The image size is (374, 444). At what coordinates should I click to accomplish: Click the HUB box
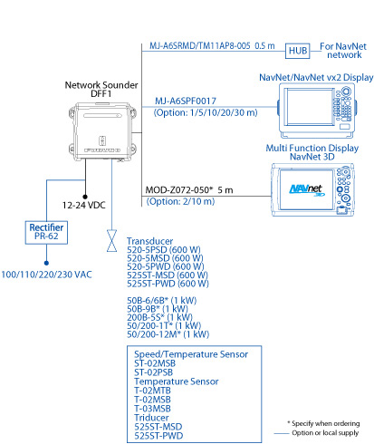click(298, 51)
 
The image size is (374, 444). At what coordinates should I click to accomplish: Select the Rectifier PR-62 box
click(46, 232)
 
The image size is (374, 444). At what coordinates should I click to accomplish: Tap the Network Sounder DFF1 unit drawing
click(102, 131)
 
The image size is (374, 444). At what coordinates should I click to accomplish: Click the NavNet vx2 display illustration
click(317, 111)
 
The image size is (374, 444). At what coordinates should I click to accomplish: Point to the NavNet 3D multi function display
click(312, 189)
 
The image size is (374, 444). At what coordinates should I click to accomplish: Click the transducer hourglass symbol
click(111, 241)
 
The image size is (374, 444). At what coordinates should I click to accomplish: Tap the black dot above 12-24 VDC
click(85, 197)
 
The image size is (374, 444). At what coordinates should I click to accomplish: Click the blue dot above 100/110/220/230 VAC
click(46, 263)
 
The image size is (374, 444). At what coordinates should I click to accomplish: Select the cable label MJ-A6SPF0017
click(186, 101)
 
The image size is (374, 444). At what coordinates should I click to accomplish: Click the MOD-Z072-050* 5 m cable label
click(189, 190)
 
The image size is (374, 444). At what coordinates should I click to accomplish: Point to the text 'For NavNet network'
click(343, 51)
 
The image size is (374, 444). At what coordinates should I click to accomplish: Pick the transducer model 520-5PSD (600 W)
click(164, 250)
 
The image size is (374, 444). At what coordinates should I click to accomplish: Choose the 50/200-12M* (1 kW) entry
click(168, 334)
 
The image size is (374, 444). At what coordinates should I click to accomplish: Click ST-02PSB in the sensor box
click(153, 372)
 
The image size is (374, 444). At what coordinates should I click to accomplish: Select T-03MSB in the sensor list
click(152, 409)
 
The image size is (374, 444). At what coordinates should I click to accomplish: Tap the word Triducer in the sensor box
click(151, 418)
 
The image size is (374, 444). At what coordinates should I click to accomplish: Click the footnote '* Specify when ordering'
click(323, 423)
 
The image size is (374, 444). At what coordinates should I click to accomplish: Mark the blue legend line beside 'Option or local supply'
click(282, 433)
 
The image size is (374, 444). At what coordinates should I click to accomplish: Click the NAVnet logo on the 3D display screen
click(306, 190)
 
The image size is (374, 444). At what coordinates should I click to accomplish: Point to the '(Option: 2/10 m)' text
click(180, 201)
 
